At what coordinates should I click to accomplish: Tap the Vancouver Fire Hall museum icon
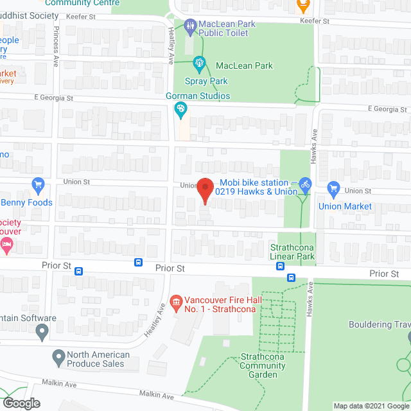click(176, 301)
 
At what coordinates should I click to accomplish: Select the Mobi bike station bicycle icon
click(305, 184)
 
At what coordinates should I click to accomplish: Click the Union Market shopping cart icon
click(333, 189)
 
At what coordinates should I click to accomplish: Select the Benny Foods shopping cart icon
click(37, 186)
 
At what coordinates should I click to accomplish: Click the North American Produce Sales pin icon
click(58, 356)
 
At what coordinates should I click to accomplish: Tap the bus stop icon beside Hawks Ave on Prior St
click(291, 278)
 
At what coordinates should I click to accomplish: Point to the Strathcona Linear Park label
click(292, 251)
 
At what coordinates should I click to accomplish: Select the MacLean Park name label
click(244, 66)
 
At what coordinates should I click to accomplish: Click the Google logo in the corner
click(21, 403)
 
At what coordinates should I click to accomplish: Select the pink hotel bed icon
click(6, 245)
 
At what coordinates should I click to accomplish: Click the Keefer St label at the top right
click(316, 21)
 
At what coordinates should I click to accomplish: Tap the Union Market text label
click(345, 207)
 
